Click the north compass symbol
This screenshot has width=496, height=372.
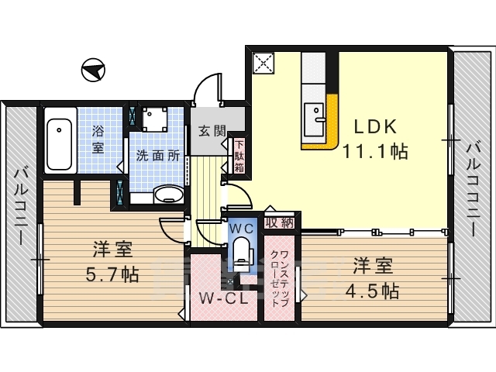[93, 70]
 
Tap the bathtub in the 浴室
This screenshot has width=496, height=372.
[60, 140]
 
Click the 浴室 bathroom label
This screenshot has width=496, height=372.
[98, 139]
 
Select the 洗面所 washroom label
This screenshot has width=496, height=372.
[158, 156]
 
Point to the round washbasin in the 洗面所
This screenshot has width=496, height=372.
[169, 195]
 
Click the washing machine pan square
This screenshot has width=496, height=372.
[155, 119]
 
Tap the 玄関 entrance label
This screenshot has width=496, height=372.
[212, 130]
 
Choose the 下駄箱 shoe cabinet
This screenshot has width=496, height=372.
[239, 156]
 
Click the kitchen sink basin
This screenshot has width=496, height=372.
[314, 119]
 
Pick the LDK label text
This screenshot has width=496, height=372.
[375, 127]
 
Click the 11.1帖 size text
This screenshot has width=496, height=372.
[375, 151]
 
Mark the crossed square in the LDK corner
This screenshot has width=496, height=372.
[263, 63]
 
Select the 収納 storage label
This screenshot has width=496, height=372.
[279, 222]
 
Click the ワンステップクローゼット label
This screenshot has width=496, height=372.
[279, 279]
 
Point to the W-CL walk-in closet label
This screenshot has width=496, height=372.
[223, 298]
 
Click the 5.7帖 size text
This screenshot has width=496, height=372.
[112, 274]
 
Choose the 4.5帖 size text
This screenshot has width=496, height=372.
[373, 291]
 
